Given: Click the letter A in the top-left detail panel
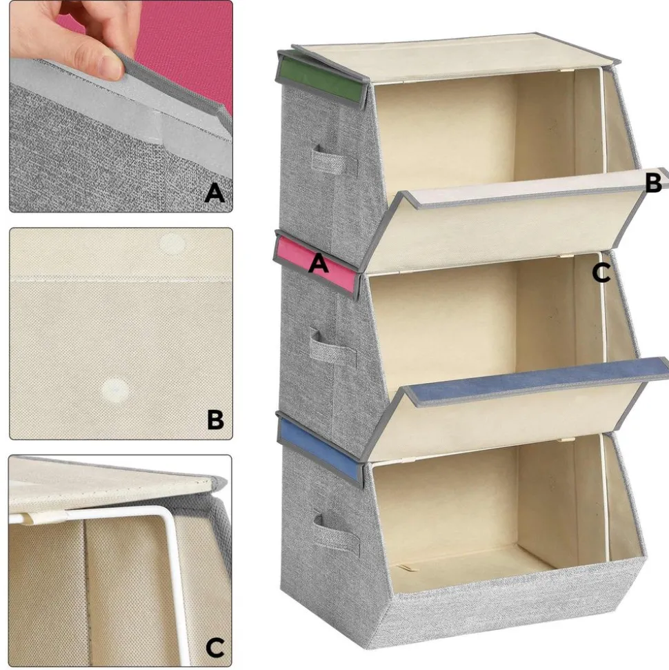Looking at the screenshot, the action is tap(214, 193).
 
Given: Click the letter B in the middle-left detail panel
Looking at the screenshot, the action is tap(216, 420).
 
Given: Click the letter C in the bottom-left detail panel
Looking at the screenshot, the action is tap(215, 648).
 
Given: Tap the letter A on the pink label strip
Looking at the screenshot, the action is tap(318, 263).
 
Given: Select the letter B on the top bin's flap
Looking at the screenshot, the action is tap(654, 182).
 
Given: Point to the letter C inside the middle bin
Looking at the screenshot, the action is tap(601, 273).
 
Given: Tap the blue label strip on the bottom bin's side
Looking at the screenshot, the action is tap(319, 449).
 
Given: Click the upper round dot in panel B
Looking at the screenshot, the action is tap(172, 244).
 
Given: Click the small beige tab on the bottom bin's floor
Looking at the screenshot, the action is tap(403, 569).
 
